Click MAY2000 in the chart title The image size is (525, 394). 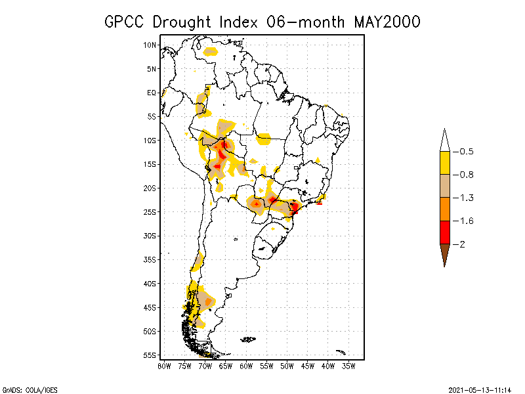point(387,22)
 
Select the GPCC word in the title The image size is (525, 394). point(126,22)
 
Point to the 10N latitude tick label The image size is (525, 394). point(150,45)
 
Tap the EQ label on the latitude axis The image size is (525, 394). point(152,93)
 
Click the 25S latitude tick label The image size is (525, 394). point(150,212)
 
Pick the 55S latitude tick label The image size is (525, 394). point(150,355)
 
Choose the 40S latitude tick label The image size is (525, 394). point(150,284)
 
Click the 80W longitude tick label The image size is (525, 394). point(164,366)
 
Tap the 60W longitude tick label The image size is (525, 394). point(246,366)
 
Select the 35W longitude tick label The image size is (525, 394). point(348,366)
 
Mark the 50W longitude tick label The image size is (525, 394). point(287,366)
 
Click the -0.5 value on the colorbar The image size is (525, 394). point(464,152)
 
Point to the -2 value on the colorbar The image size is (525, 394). point(461,244)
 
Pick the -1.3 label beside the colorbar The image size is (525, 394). point(464,198)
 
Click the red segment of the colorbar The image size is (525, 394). point(444,232)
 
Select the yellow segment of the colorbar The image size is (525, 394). point(444,163)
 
